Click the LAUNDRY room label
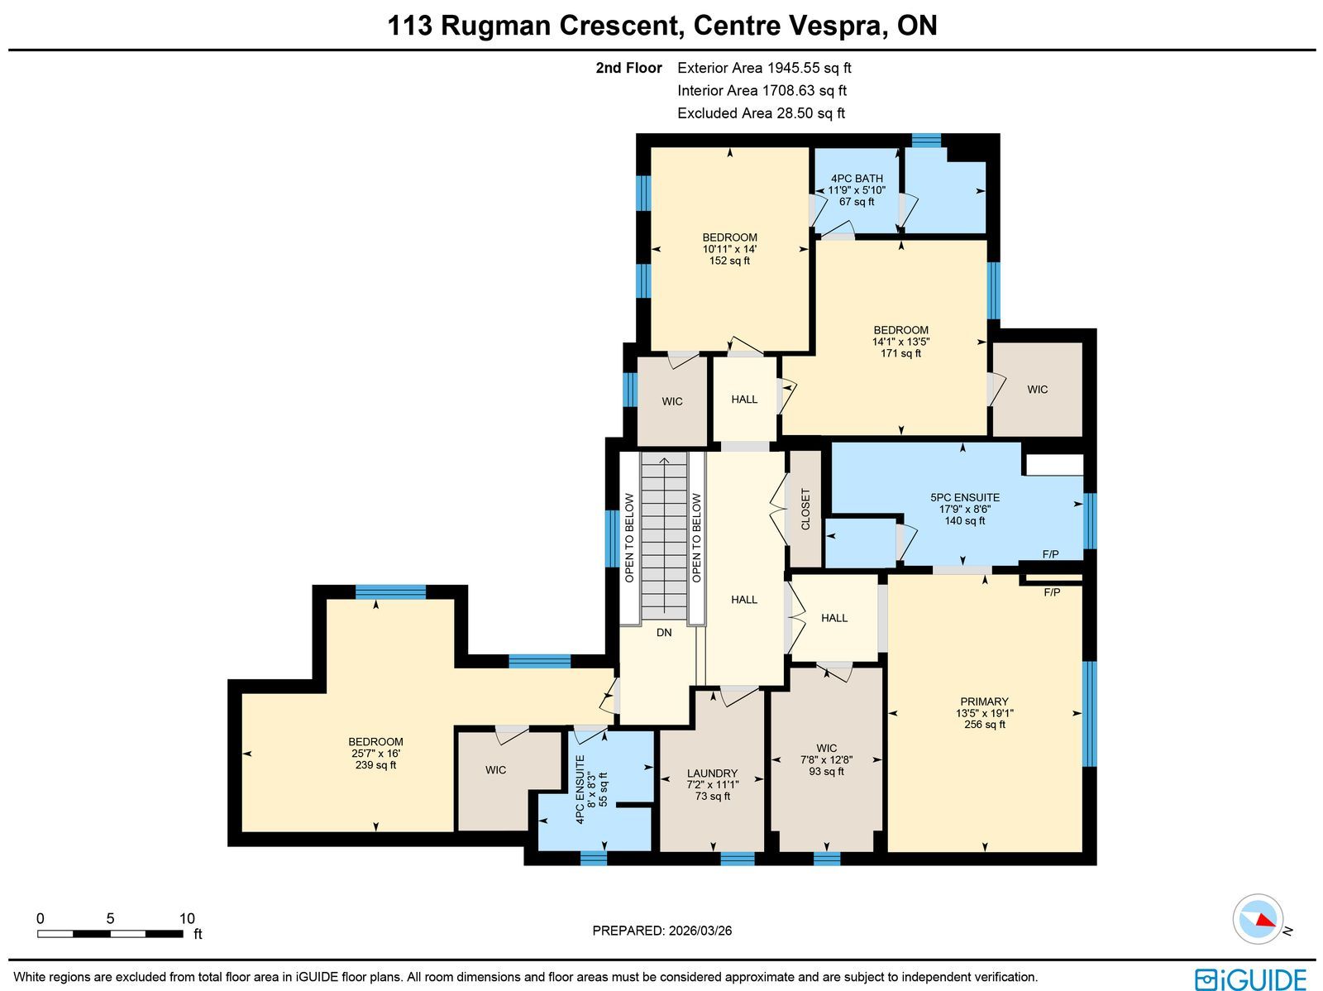(713, 773)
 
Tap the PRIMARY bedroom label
(984, 701)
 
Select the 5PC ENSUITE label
(965, 497)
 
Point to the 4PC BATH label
(857, 179)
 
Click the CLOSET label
(805, 510)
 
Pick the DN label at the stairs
(664, 632)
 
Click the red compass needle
(1266, 920)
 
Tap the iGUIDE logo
(1251, 979)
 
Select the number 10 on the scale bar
(187, 918)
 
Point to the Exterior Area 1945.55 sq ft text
(764, 68)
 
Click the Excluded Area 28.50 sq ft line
(762, 113)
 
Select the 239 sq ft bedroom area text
(375, 765)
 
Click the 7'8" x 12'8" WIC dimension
(826, 759)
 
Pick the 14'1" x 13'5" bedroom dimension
(900, 341)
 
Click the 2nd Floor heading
(628, 68)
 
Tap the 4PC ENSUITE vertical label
(580, 790)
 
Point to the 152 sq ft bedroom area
(729, 261)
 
